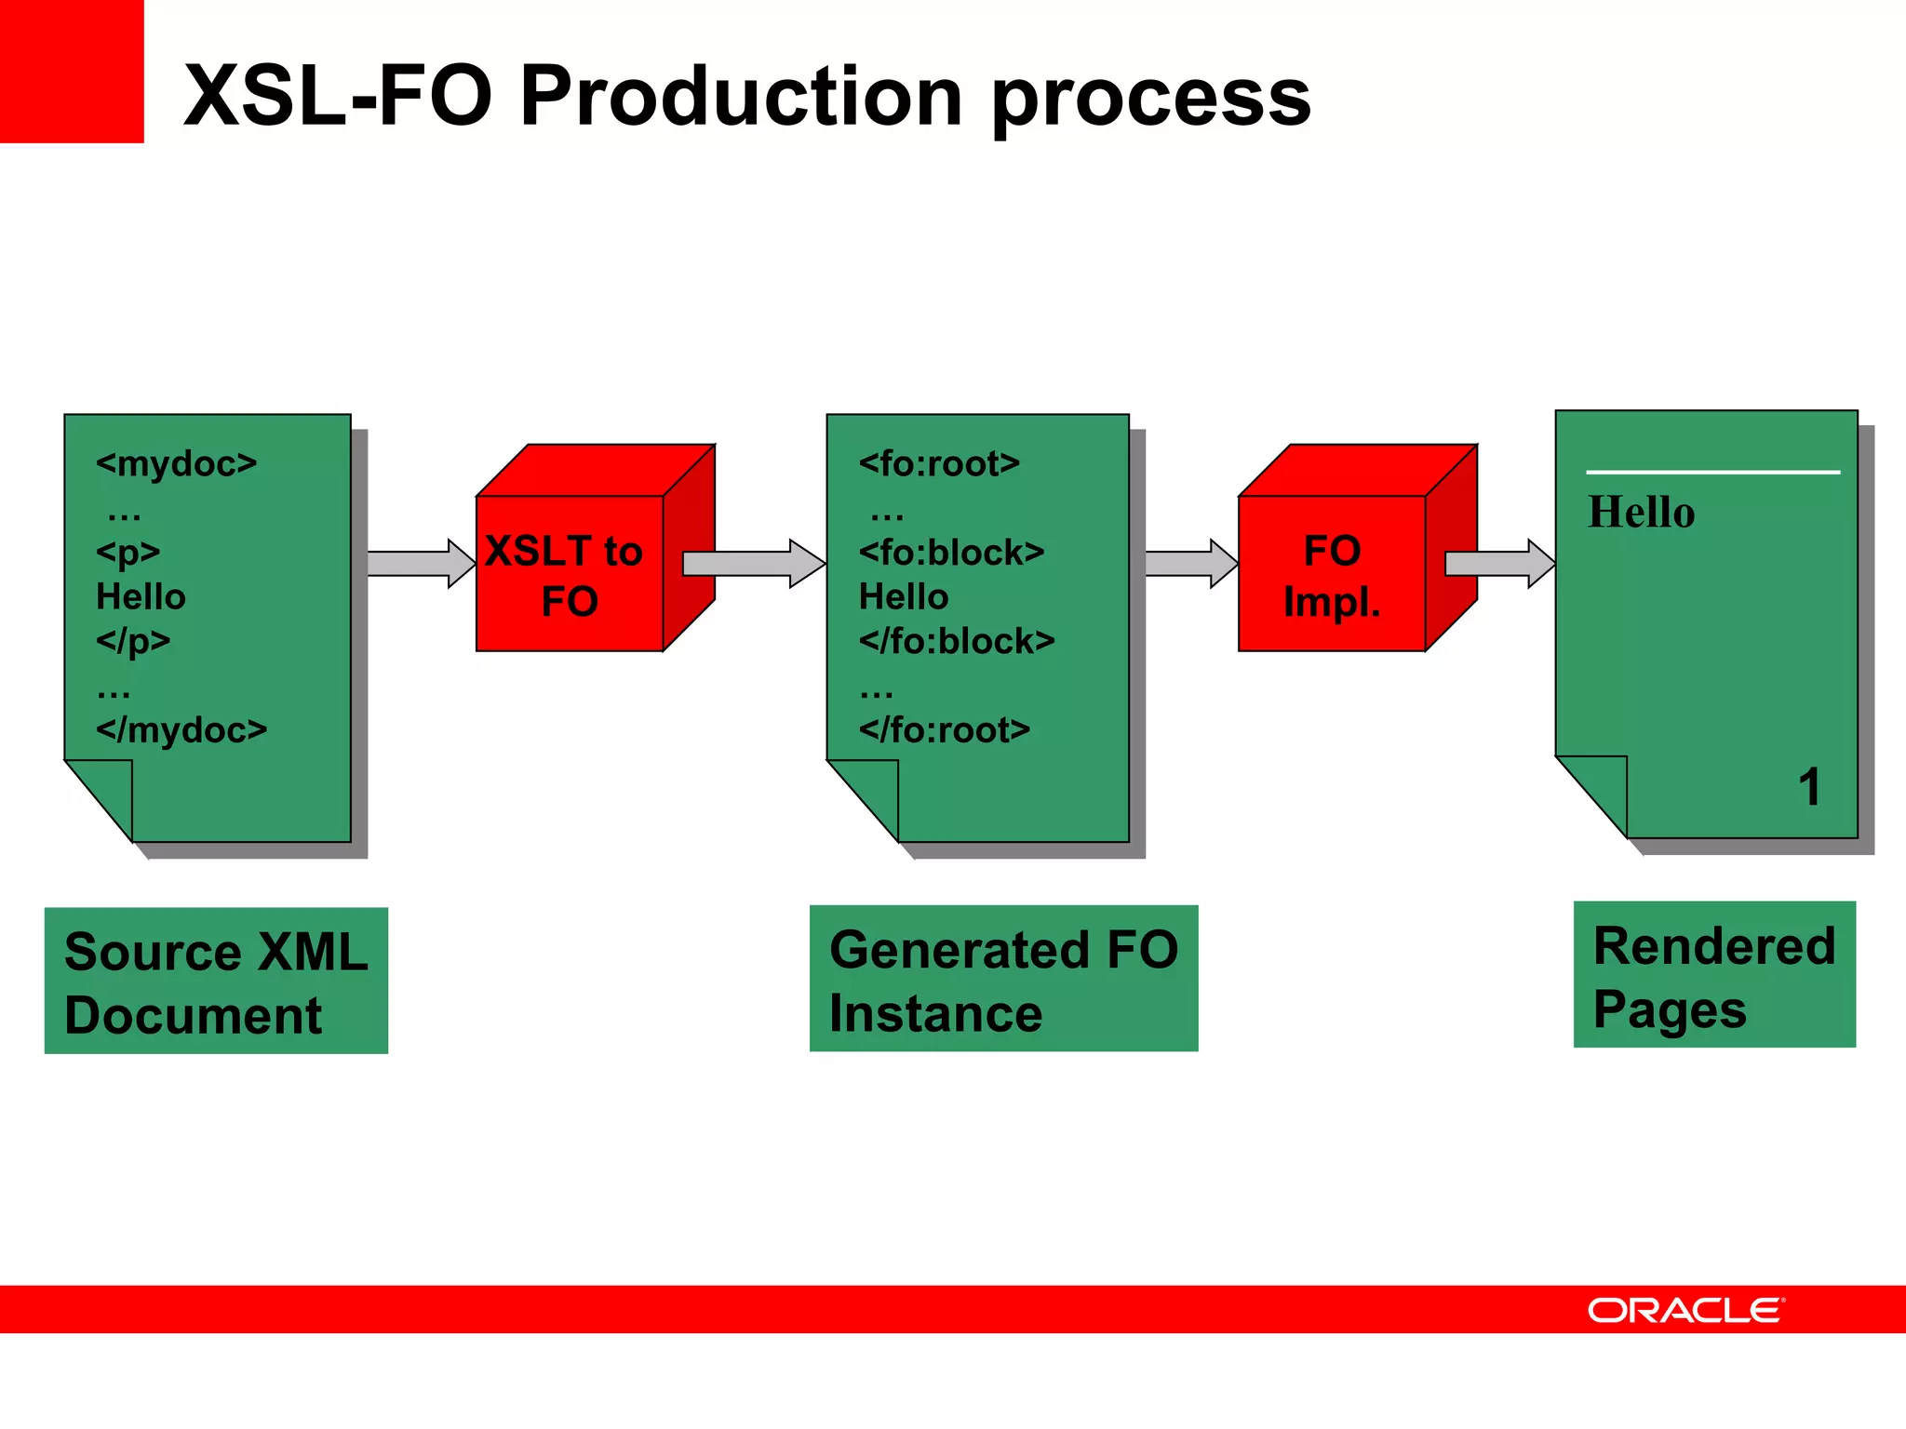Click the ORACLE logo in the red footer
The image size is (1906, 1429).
(1685, 1310)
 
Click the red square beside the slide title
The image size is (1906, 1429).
(71, 71)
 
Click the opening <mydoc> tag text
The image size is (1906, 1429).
(176, 463)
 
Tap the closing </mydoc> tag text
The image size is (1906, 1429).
(181, 730)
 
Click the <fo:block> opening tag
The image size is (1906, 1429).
(951, 553)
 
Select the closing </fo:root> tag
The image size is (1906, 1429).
(944, 730)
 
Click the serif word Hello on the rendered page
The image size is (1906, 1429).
(1641, 513)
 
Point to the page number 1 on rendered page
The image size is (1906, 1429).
(1808, 788)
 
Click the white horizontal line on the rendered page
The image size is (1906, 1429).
(1712, 473)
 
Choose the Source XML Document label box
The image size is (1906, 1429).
(216, 981)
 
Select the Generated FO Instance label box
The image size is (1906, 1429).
(1003, 979)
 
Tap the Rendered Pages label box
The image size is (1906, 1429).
(1714, 975)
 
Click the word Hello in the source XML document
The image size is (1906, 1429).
(141, 597)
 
